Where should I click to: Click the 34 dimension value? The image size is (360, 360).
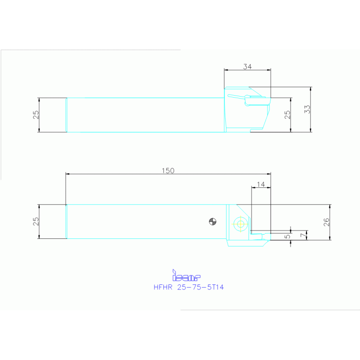[247, 67]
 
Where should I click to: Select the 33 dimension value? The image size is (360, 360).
[307, 109]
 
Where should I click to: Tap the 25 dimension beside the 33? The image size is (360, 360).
[288, 115]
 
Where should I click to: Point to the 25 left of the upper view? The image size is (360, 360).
[36, 115]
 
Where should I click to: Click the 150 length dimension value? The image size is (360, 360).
[168, 171]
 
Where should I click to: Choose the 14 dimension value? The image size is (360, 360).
[261, 185]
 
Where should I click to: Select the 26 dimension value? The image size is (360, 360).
[327, 222]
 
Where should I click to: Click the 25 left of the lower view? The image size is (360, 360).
[36, 222]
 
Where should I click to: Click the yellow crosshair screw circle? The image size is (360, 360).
[241, 223]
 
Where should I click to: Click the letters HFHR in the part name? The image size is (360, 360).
[163, 287]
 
